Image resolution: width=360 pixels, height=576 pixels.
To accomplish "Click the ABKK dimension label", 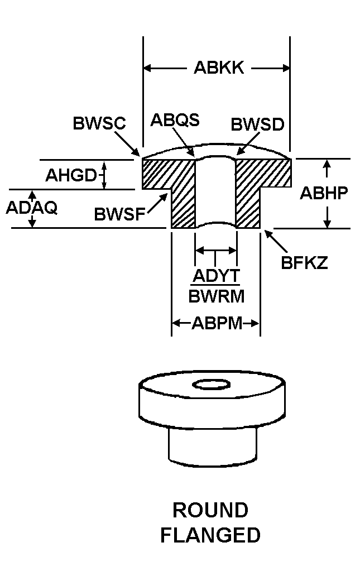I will pyautogui.click(x=218, y=68).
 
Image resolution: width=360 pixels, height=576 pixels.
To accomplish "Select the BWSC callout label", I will pyautogui.click(x=99, y=123).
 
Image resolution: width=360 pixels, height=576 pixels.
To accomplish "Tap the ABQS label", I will pyautogui.click(x=175, y=120).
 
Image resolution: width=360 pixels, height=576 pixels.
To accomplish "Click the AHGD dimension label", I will pyautogui.click(x=71, y=175).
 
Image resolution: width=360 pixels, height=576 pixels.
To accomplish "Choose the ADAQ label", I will pyautogui.click(x=31, y=207).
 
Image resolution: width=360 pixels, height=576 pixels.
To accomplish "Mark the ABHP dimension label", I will pyautogui.click(x=324, y=193).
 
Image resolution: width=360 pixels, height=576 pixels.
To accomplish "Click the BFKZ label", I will pyautogui.click(x=304, y=263).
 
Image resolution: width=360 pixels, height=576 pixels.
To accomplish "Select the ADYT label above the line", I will pyautogui.click(x=215, y=276).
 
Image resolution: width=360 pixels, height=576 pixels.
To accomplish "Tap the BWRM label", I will pyautogui.click(x=216, y=296).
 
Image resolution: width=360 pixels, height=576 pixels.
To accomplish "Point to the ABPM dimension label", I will pyautogui.click(x=216, y=323).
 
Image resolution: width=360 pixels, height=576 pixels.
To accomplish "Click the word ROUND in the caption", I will pyautogui.click(x=210, y=510).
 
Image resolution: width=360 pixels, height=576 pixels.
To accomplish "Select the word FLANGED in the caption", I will pyautogui.click(x=210, y=535).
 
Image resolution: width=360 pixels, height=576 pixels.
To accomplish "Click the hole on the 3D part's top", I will pyautogui.click(x=210, y=385).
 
